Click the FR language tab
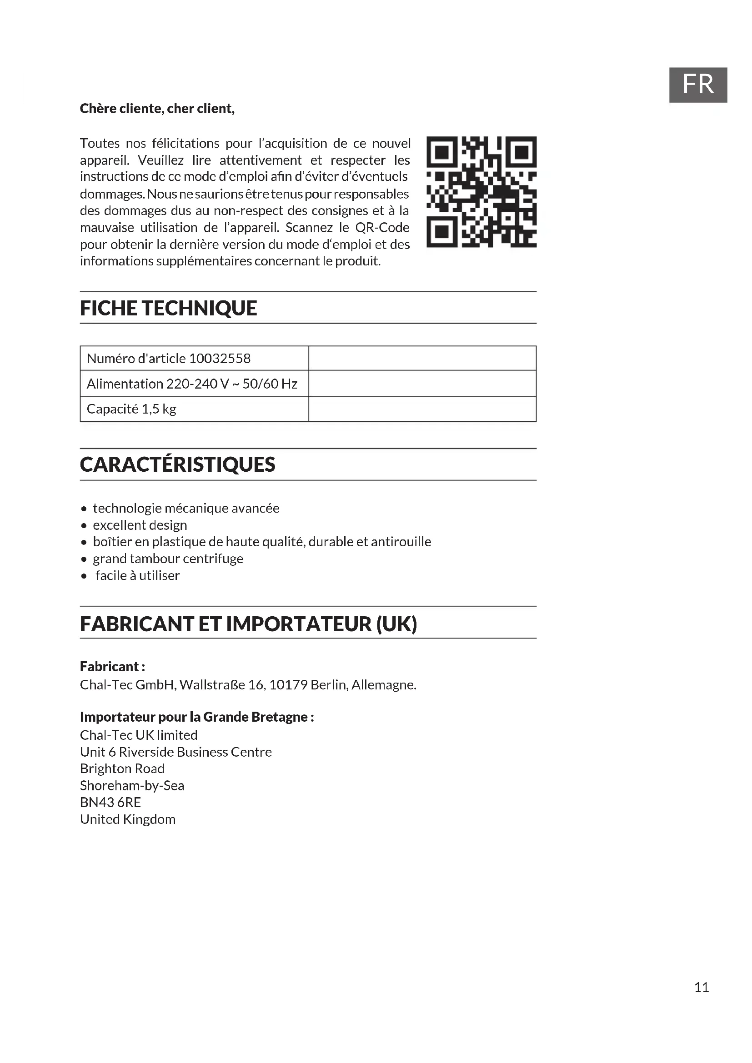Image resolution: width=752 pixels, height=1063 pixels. [697, 85]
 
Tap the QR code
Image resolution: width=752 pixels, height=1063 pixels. [481, 192]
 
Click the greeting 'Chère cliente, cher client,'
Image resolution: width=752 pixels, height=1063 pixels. [157, 109]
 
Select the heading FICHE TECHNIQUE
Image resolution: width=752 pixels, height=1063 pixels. [168, 308]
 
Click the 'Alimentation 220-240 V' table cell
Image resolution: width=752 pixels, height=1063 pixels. [192, 384]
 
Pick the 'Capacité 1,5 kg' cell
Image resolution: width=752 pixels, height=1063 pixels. [131, 409]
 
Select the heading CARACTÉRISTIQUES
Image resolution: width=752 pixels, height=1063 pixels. [177, 465]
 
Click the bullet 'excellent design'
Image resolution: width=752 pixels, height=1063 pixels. [140, 525]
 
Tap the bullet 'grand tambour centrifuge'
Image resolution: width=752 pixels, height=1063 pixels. [168, 559]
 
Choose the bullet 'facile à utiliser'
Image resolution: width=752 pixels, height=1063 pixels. [137, 575]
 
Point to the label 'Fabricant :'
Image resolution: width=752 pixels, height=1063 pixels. [112, 667]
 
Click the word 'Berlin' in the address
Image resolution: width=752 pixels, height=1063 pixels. [329, 685]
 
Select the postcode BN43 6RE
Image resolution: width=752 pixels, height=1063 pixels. [110, 802]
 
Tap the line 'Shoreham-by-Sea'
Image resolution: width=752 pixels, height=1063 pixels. [132, 786]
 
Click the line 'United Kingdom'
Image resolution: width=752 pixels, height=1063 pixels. [128, 819]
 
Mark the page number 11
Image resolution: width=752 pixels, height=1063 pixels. [702, 988]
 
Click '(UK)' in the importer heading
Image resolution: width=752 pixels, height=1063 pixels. [396, 624]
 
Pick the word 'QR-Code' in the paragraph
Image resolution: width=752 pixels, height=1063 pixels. [382, 228]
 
